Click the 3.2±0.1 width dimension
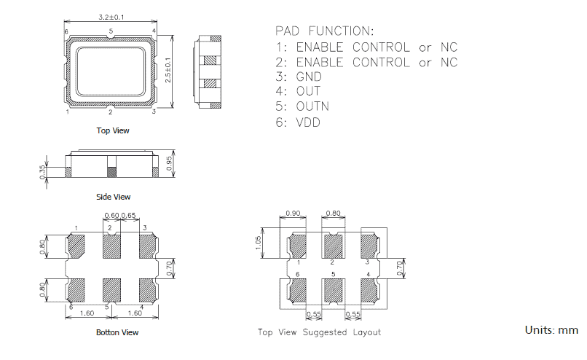(110, 17)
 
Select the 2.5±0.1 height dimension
(168, 71)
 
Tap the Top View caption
(113, 130)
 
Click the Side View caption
(113, 197)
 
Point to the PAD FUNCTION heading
(324, 31)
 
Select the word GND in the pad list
(309, 77)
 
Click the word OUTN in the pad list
(312, 106)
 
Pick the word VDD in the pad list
(308, 122)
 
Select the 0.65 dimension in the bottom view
(128, 216)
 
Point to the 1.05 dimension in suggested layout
(259, 242)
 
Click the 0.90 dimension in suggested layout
(294, 214)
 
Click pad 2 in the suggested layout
(333, 244)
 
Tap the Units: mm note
(551, 330)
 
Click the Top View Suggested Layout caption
(319, 332)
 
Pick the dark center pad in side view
(111, 172)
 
